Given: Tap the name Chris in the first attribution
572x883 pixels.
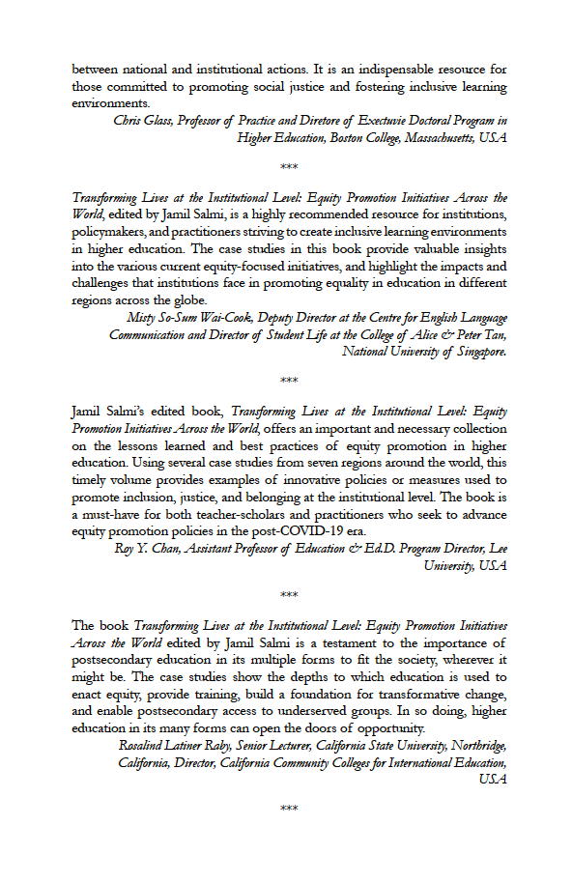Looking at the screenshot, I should tap(128, 121).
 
